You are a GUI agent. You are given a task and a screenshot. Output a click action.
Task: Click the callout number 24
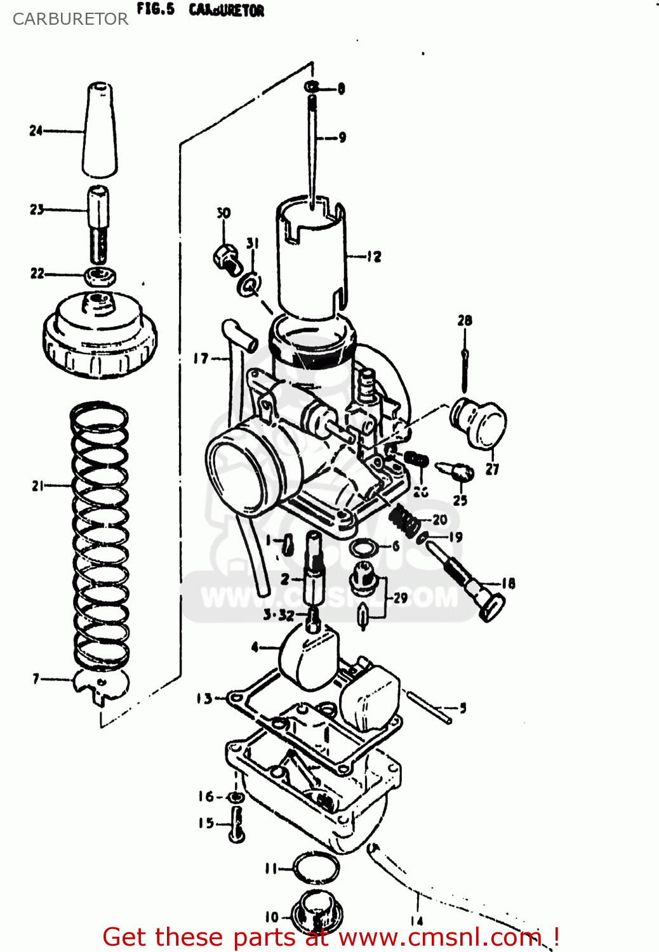[x=36, y=131]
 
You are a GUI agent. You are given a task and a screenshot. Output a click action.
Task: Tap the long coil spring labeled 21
[x=100, y=533]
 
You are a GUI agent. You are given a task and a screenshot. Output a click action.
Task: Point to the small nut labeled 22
[x=100, y=275]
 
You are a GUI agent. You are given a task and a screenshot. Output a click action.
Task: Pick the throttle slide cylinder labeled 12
[x=310, y=260]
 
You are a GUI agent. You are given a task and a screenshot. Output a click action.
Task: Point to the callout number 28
[x=465, y=321]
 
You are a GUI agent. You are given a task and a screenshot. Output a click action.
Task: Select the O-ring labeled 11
[x=316, y=867]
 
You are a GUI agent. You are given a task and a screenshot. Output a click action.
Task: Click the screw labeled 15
[x=236, y=826]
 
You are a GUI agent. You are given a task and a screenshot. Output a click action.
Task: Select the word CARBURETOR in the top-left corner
[x=70, y=19]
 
